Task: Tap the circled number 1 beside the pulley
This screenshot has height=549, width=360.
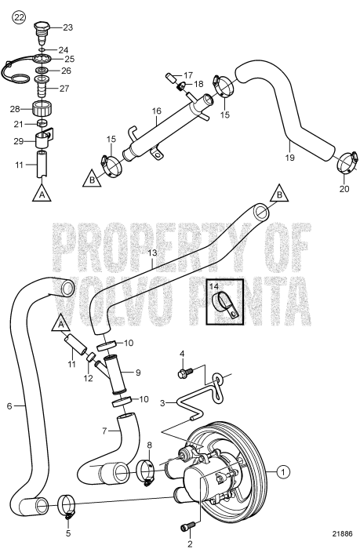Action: (x=282, y=471)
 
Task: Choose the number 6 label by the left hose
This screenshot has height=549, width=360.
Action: (x=9, y=406)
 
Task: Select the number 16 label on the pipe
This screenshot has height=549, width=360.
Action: (x=157, y=111)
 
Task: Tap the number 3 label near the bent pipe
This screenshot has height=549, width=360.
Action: (x=162, y=403)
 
